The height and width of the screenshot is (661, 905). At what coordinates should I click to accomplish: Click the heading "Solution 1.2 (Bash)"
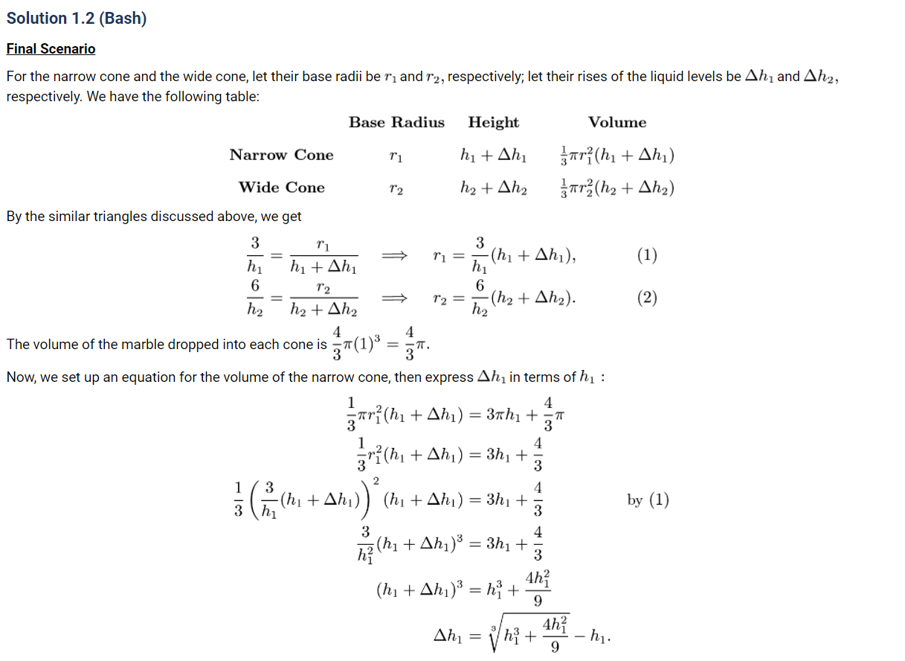point(77,19)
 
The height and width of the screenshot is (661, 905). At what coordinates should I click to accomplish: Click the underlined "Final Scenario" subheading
point(51,49)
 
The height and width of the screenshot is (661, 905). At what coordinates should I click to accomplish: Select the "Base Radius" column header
point(396,123)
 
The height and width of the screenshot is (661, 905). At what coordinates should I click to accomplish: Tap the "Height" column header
point(493,123)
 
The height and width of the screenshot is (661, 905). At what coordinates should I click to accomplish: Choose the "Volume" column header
point(616,123)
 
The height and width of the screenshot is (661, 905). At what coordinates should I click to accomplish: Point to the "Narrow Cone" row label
point(281,155)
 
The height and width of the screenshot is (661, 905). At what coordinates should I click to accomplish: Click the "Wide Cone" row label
point(281,187)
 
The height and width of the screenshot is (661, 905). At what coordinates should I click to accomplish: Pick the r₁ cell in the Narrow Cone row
point(396,156)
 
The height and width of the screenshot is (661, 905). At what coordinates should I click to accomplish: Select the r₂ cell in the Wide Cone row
point(396,188)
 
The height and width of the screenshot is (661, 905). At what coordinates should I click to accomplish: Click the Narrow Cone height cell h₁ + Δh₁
point(494,156)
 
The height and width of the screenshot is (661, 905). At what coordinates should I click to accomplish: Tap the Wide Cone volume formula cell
point(616,188)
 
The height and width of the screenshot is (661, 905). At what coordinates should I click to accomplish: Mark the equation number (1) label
point(647,255)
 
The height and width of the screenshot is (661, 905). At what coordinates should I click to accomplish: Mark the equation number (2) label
point(647,298)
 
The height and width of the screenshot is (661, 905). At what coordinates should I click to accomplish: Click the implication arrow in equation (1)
point(394,255)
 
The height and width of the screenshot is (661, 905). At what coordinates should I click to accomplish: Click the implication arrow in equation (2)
point(394,298)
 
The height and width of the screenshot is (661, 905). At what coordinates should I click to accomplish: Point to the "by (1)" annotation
point(648,499)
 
